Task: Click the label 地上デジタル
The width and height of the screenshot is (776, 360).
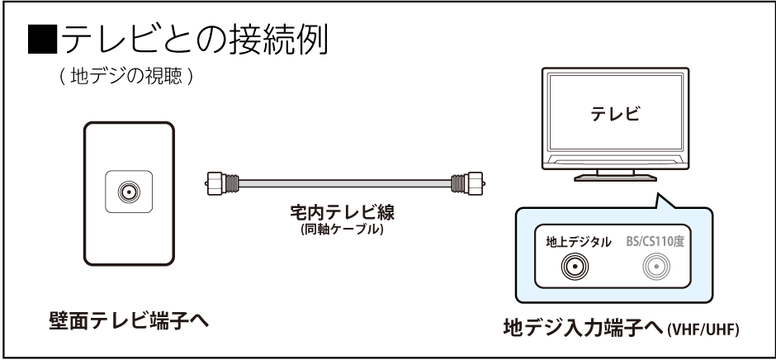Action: point(579,242)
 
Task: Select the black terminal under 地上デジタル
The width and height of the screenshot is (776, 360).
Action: point(575,267)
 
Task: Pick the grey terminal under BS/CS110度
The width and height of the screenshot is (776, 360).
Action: point(661,267)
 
